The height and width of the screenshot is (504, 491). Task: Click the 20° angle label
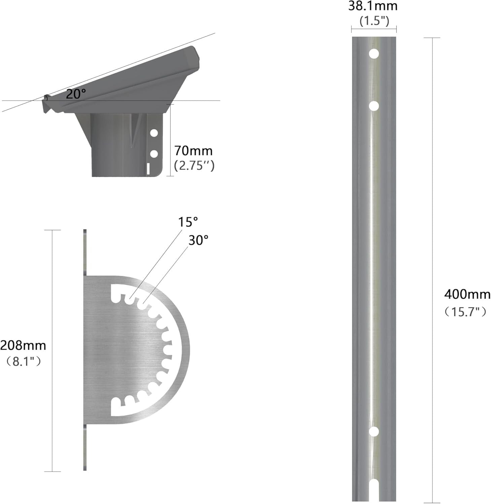pyautogui.click(x=76, y=94)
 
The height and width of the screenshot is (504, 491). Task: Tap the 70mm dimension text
pyautogui.click(x=194, y=151)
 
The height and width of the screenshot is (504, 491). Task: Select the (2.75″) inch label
pyautogui.click(x=194, y=166)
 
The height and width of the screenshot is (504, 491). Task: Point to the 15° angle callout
pyautogui.click(x=188, y=222)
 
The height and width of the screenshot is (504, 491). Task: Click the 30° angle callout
pyautogui.click(x=198, y=240)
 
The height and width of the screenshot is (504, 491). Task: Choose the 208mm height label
pyautogui.click(x=23, y=345)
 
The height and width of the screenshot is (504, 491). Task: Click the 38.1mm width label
pyautogui.click(x=373, y=6)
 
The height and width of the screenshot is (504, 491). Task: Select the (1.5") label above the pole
pyautogui.click(x=374, y=21)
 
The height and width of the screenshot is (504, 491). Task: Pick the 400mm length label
pyautogui.click(x=467, y=294)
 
